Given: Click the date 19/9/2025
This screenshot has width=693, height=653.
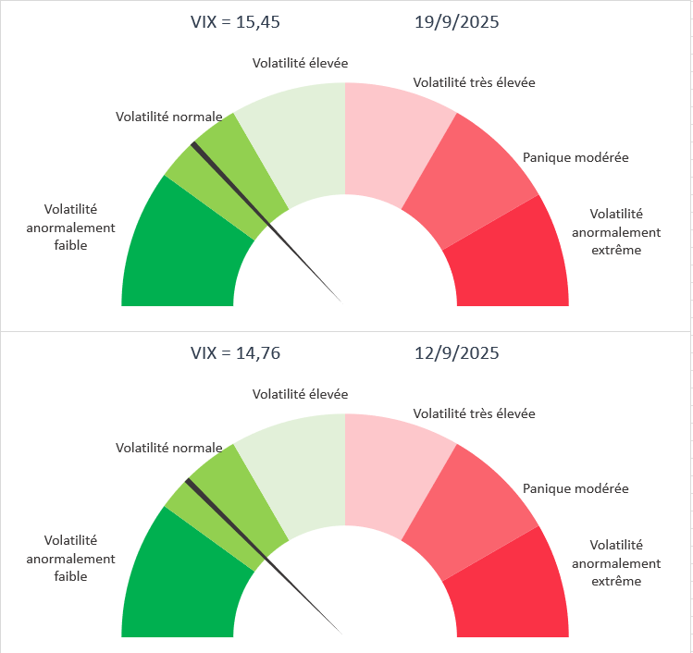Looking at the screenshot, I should (456, 22).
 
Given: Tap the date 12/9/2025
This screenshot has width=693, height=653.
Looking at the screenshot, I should (456, 353).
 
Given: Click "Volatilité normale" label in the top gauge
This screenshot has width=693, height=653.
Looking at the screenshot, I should (168, 117).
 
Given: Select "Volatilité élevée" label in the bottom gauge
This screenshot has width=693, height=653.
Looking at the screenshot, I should (300, 394).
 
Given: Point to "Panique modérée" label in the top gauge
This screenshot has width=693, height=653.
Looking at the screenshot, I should (575, 157).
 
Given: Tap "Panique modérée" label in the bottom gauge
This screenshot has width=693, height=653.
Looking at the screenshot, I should (575, 488).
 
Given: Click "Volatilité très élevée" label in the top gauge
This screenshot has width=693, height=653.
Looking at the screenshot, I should (474, 82).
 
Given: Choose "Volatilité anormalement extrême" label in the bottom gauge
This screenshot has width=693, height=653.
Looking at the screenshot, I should (615, 563).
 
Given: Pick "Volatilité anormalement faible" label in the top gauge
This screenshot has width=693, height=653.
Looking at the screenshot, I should (70, 228).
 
